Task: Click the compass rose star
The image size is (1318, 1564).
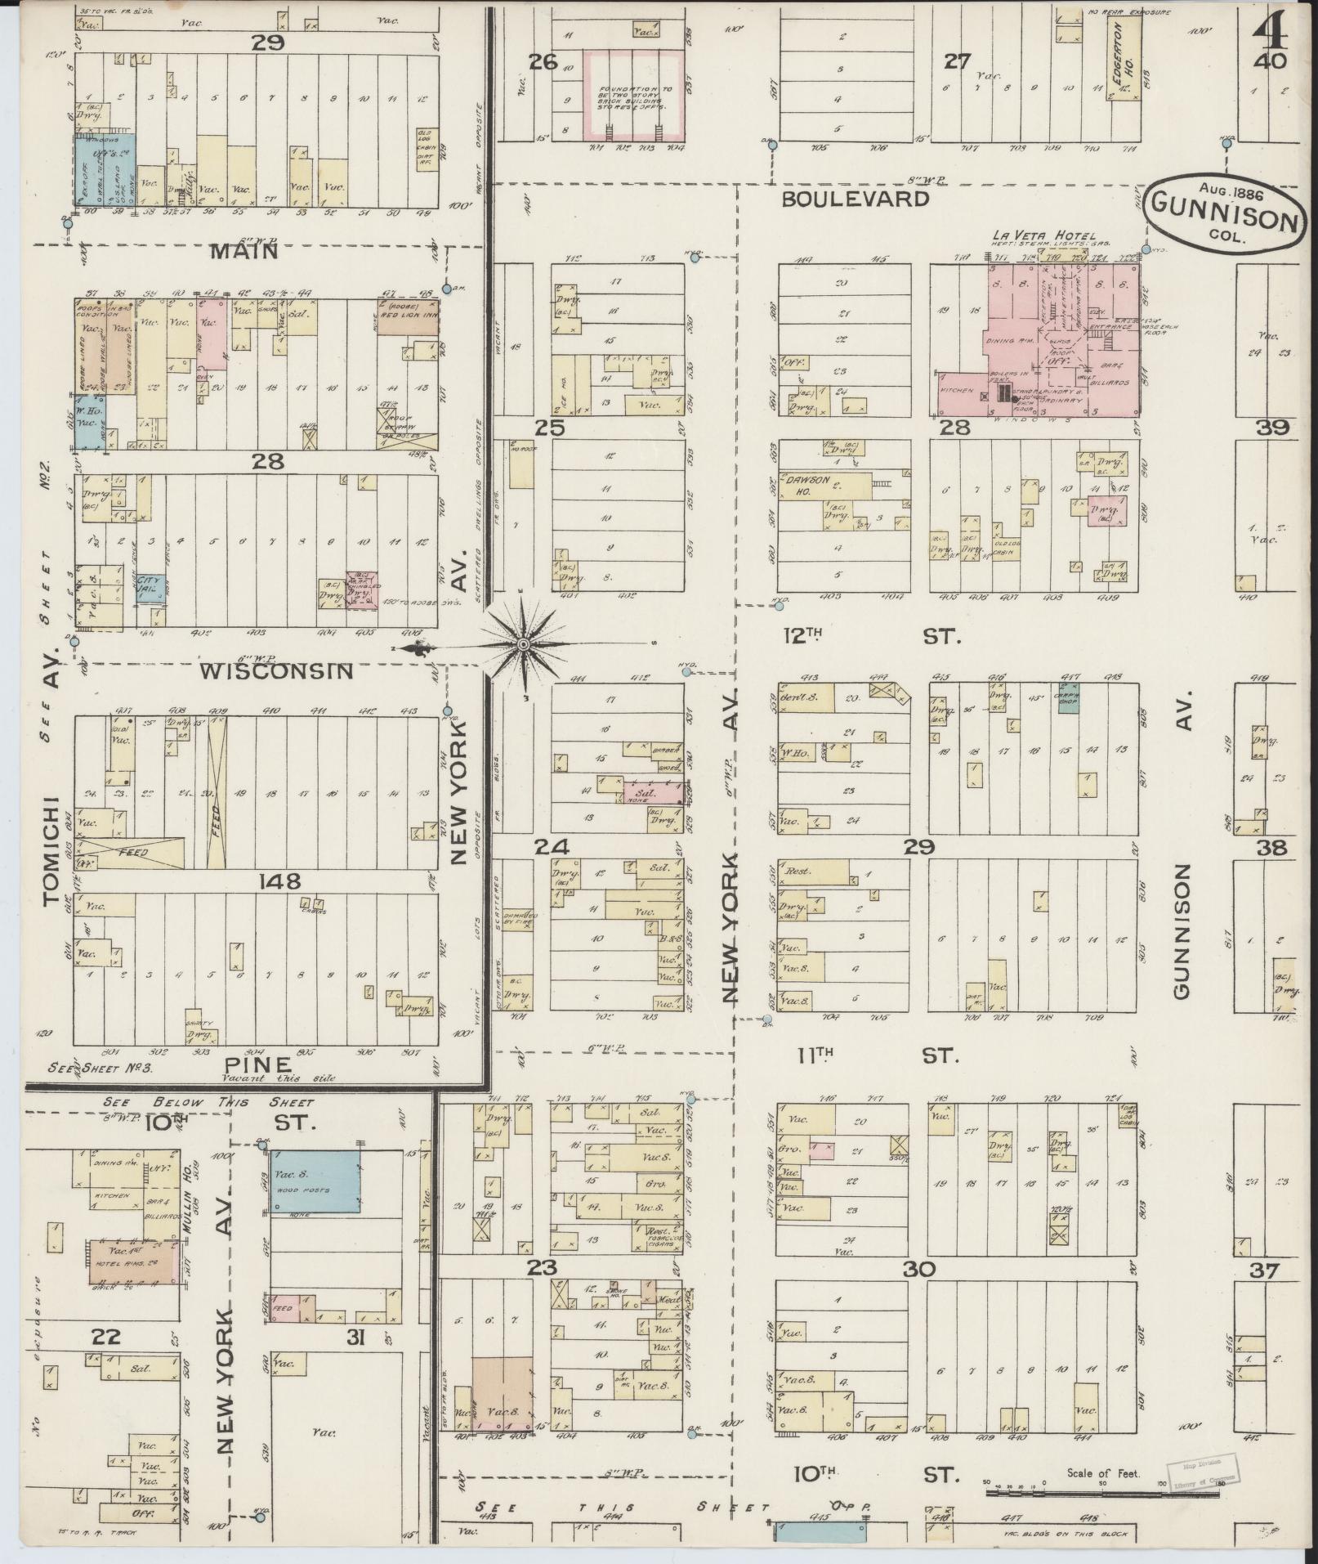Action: coord(523,644)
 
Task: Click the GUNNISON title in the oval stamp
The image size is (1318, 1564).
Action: coord(1223,219)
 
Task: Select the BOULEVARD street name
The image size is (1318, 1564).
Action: coord(855,199)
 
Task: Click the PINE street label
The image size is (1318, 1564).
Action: coord(259,1064)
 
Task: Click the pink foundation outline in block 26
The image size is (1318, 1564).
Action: coord(633,94)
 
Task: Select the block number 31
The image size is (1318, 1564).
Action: coord(357,1338)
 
